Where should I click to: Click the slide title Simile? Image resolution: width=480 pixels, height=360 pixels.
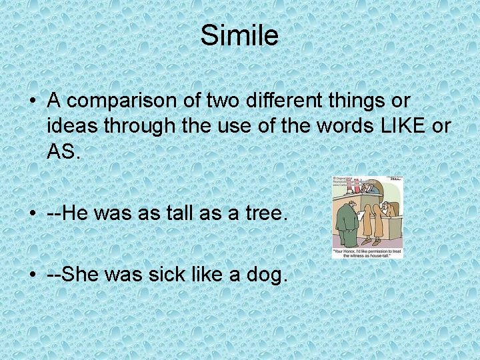pyautogui.click(x=239, y=35)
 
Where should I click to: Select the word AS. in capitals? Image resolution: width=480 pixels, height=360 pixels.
pyautogui.click(x=63, y=151)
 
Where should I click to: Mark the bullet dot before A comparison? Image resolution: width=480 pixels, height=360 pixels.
pyautogui.click(x=32, y=101)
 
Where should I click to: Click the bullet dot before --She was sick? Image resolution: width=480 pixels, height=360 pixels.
pyautogui.click(x=32, y=275)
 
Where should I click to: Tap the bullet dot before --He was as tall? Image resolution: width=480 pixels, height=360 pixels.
pyautogui.click(x=32, y=214)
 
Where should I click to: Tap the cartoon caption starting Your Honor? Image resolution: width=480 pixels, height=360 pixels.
pyautogui.click(x=367, y=253)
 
